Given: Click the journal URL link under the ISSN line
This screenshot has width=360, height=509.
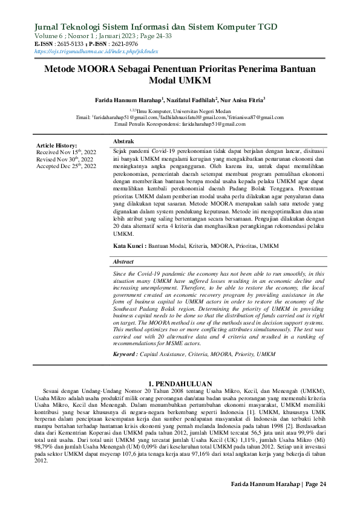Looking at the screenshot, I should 96,53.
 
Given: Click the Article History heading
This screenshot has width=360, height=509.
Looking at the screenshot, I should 57,146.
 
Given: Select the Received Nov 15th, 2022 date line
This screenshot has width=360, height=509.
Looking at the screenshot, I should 66,152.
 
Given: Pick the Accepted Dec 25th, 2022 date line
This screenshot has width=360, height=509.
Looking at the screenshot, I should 66,166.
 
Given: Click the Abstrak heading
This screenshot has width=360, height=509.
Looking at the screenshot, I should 123,140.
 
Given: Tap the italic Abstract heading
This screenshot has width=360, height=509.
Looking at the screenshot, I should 123,261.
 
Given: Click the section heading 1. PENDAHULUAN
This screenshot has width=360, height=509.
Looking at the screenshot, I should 180,384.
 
